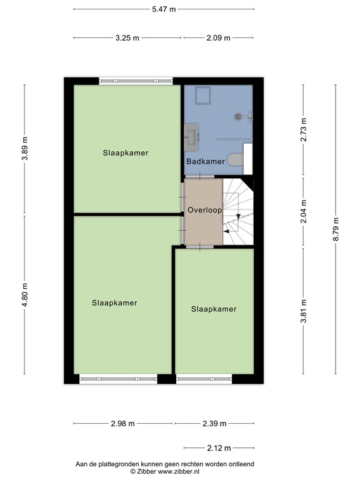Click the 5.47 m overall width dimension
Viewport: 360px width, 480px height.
click(164, 9)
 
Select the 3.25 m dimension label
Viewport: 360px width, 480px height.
click(128, 37)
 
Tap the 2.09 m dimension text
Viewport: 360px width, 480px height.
click(218, 37)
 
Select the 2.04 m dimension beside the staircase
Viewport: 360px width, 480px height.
click(303, 212)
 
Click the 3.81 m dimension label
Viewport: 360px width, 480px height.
click(303, 310)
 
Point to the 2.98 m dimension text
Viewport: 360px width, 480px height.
click(123, 424)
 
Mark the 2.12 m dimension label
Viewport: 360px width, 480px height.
click(219, 448)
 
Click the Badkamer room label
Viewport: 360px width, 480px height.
click(205, 162)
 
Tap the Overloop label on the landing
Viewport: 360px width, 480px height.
click(204, 211)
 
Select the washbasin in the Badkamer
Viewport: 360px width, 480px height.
click(192, 134)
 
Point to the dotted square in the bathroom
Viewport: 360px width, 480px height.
click(203, 96)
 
